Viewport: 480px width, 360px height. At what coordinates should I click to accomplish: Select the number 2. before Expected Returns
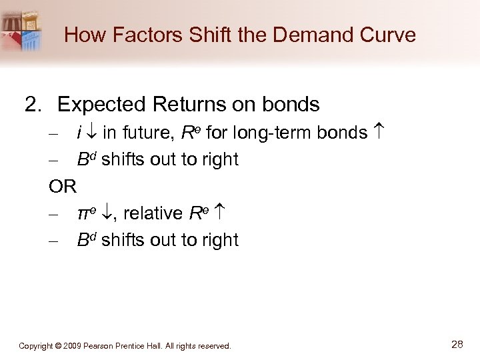tap(34, 105)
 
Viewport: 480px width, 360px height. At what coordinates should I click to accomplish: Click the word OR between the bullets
tap(63, 186)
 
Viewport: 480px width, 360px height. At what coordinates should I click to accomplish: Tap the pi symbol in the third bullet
tap(84, 213)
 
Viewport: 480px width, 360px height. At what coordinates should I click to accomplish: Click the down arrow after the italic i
tap(92, 133)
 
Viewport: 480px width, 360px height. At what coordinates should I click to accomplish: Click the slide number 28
tap(457, 345)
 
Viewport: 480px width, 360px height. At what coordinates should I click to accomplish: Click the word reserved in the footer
tap(213, 346)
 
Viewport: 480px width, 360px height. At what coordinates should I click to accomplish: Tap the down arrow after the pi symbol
tap(107, 213)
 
